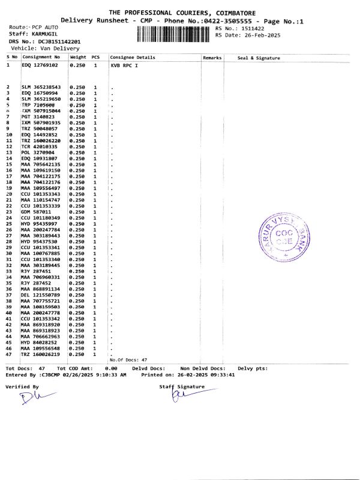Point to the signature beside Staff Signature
(179, 397)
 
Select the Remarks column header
(212, 58)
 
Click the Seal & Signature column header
(259, 58)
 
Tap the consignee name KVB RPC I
(124, 64)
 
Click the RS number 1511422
(251, 28)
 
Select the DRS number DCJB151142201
(59, 41)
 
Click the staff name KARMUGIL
(46, 35)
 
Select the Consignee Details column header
(133, 58)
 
